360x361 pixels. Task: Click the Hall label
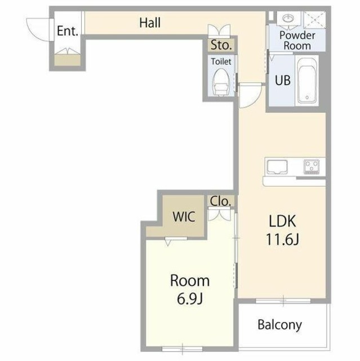click(150, 23)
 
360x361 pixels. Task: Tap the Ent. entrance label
click(68, 31)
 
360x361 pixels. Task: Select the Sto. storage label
click(221, 45)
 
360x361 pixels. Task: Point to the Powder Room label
click(297, 41)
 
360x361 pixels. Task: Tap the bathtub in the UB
click(307, 80)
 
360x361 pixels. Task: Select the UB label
click(283, 80)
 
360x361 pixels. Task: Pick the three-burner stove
click(311, 166)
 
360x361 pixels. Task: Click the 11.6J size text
click(282, 239)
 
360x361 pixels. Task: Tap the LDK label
click(282, 221)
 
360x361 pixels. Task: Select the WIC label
click(184, 217)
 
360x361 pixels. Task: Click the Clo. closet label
click(220, 201)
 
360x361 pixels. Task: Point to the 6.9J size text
click(190, 298)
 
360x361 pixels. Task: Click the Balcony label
click(279, 325)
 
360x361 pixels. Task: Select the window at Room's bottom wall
click(182, 349)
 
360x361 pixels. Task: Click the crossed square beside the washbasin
click(315, 20)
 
